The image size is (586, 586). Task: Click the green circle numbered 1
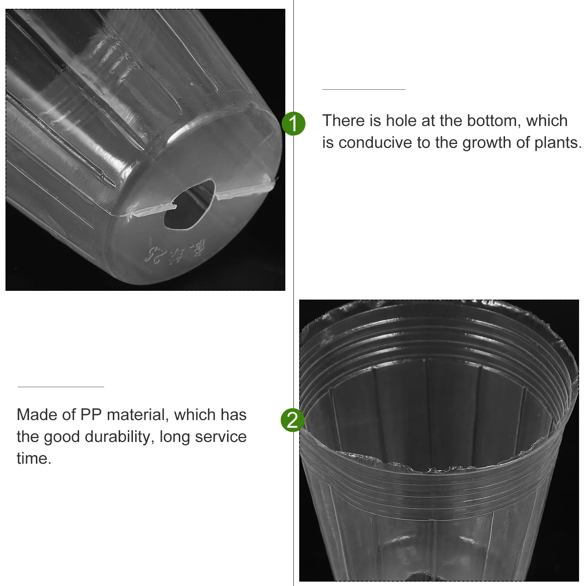[x=293, y=123]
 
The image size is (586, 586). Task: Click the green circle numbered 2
[x=293, y=420]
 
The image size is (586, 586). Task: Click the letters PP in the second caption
[x=91, y=415]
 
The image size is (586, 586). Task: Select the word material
[x=138, y=415]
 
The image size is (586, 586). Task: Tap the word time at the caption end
[x=34, y=459]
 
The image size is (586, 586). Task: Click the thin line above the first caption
[x=364, y=89]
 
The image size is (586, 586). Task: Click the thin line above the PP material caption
[x=61, y=387]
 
